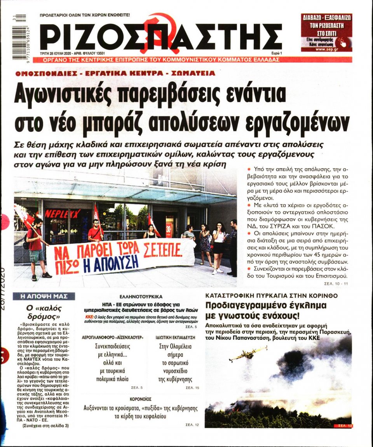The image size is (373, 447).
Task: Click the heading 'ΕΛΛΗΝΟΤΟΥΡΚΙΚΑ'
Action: click(141, 296)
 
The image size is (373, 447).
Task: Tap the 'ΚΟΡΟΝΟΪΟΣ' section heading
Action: click(141, 399)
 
